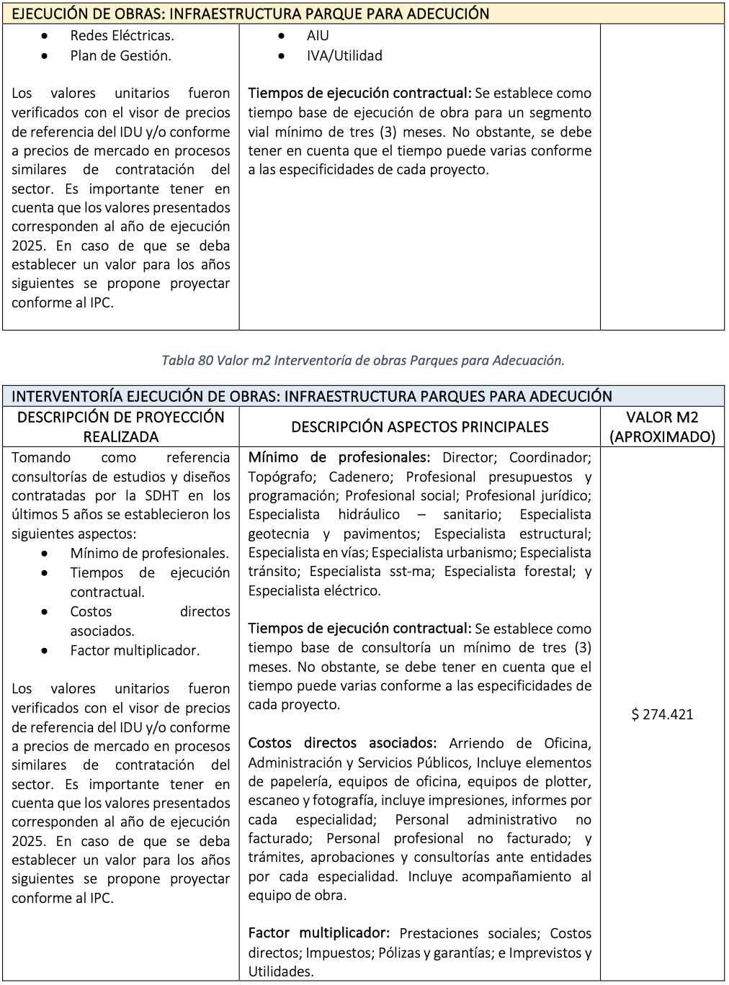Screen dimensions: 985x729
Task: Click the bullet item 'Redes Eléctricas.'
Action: pos(122,35)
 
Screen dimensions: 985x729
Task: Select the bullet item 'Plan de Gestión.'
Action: pos(120,55)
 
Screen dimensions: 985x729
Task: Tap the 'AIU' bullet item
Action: pos(317,35)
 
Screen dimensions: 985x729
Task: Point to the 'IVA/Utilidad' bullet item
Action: pos(344,55)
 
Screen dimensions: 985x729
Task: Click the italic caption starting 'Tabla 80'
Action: pos(363,360)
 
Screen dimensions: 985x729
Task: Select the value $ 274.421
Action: pos(661,714)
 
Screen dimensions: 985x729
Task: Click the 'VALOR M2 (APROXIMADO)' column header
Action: pos(661,426)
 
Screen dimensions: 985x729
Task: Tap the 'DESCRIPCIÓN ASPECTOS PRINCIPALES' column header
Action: pos(419,426)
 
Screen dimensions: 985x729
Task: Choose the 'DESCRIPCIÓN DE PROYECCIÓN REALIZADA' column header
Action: pos(120,426)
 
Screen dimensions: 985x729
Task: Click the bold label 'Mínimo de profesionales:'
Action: pos(339,457)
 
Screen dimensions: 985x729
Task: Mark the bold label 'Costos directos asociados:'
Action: pos(342,743)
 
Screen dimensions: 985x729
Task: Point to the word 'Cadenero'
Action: pos(356,477)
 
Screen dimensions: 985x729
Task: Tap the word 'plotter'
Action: pos(566,781)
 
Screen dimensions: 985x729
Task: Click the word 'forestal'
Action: pos(547,572)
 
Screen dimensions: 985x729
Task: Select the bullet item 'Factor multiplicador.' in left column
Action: pos(135,650)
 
